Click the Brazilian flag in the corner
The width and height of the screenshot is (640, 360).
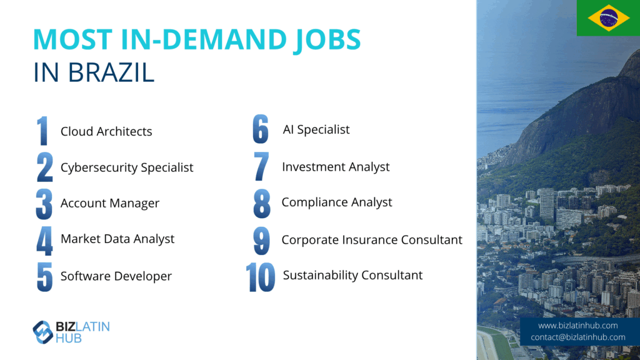[x=608, y=18]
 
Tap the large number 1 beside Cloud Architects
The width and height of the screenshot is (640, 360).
[x=42, y=131]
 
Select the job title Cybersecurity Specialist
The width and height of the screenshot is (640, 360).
[x=126, y=167]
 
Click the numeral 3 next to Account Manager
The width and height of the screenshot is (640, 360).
[x=44, y=204]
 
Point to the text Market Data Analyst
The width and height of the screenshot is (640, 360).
[x=117, y=239]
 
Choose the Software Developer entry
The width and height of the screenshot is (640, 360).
[x=116, y=276]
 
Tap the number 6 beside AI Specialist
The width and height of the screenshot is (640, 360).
[x=261, y=129]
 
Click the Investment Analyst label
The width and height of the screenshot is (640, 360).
[x=336, y=167]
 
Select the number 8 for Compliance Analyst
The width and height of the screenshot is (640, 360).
[x=262, y=203]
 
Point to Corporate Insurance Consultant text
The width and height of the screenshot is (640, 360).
[x=372, y=239]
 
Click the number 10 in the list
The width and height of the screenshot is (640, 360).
[x=260, y=277]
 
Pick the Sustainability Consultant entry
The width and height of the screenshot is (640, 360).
[x=352, y=275]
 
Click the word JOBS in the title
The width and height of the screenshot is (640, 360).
[x=327, y=40]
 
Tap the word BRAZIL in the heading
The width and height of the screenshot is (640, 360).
[x=111, y=72]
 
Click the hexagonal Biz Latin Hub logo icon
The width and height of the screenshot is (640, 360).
[x=42, y=332]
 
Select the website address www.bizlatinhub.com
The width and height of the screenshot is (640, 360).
[x=577, y=325]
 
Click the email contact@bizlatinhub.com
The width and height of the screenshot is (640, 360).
[x=578, y=337]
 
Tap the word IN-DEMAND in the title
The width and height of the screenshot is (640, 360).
[x=203, y=39]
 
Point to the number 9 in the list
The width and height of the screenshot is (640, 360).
[x=261, y=241]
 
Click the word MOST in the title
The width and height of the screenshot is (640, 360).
[x=72, y=39]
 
